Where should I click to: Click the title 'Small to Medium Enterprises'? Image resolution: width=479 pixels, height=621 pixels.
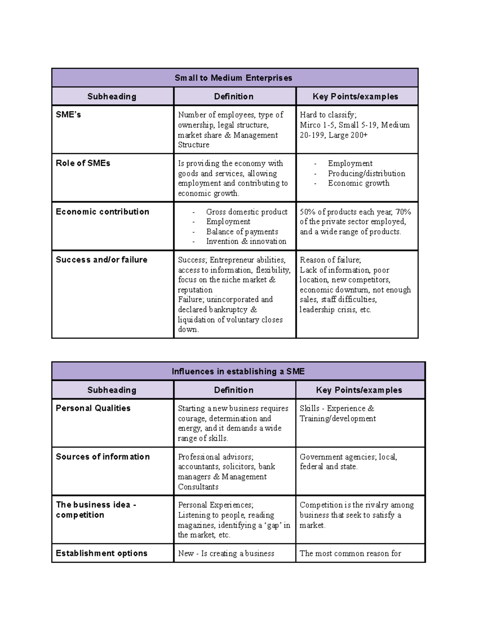pyautogui.click(x=234, y=78)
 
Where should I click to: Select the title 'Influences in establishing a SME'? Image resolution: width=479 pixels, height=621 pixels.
pyautogui.click(x=238, y=371)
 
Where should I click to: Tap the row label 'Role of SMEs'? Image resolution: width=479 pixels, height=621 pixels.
pyautogui.click(x=83, y=163)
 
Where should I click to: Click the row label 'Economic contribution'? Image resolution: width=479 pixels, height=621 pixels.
pyautogui.click(x=102, y=212)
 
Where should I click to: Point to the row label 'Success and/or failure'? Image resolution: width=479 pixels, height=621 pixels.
pyautogui.click(x=101, y=260)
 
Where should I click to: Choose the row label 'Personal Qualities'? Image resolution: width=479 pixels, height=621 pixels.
pyautogui.click(x=93, y=408)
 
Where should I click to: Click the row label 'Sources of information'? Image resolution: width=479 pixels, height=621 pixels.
pyautogui.click(x=103, y=457)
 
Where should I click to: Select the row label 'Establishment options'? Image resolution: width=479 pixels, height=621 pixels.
pyautogui.click(x=101, y=553)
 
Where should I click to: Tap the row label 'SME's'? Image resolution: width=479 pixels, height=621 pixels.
pyautogui.click(x=68, y=115)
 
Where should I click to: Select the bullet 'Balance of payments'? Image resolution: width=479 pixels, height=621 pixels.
pyautogui.click(x=242, y=232)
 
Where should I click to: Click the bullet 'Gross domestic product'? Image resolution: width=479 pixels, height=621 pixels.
pyautogui.click(x=247, y=212)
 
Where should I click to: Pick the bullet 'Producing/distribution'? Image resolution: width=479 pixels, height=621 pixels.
pyautogui.click(x=366, y=174)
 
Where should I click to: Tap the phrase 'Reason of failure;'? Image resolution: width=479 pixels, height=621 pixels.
pyautogui.click(x=330, y=260)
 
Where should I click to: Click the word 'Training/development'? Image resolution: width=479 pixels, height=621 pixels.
pyautogui.click(x=338, y=419)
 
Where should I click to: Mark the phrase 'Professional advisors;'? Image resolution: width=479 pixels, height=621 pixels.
pyautogui.click(x=216, y=457)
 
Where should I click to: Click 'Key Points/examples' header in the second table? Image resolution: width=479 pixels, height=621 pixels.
pyautogui.click(x=359, y=390)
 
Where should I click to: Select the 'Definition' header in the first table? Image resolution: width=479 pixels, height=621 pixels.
pyautogui.click(x=234, y=97)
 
